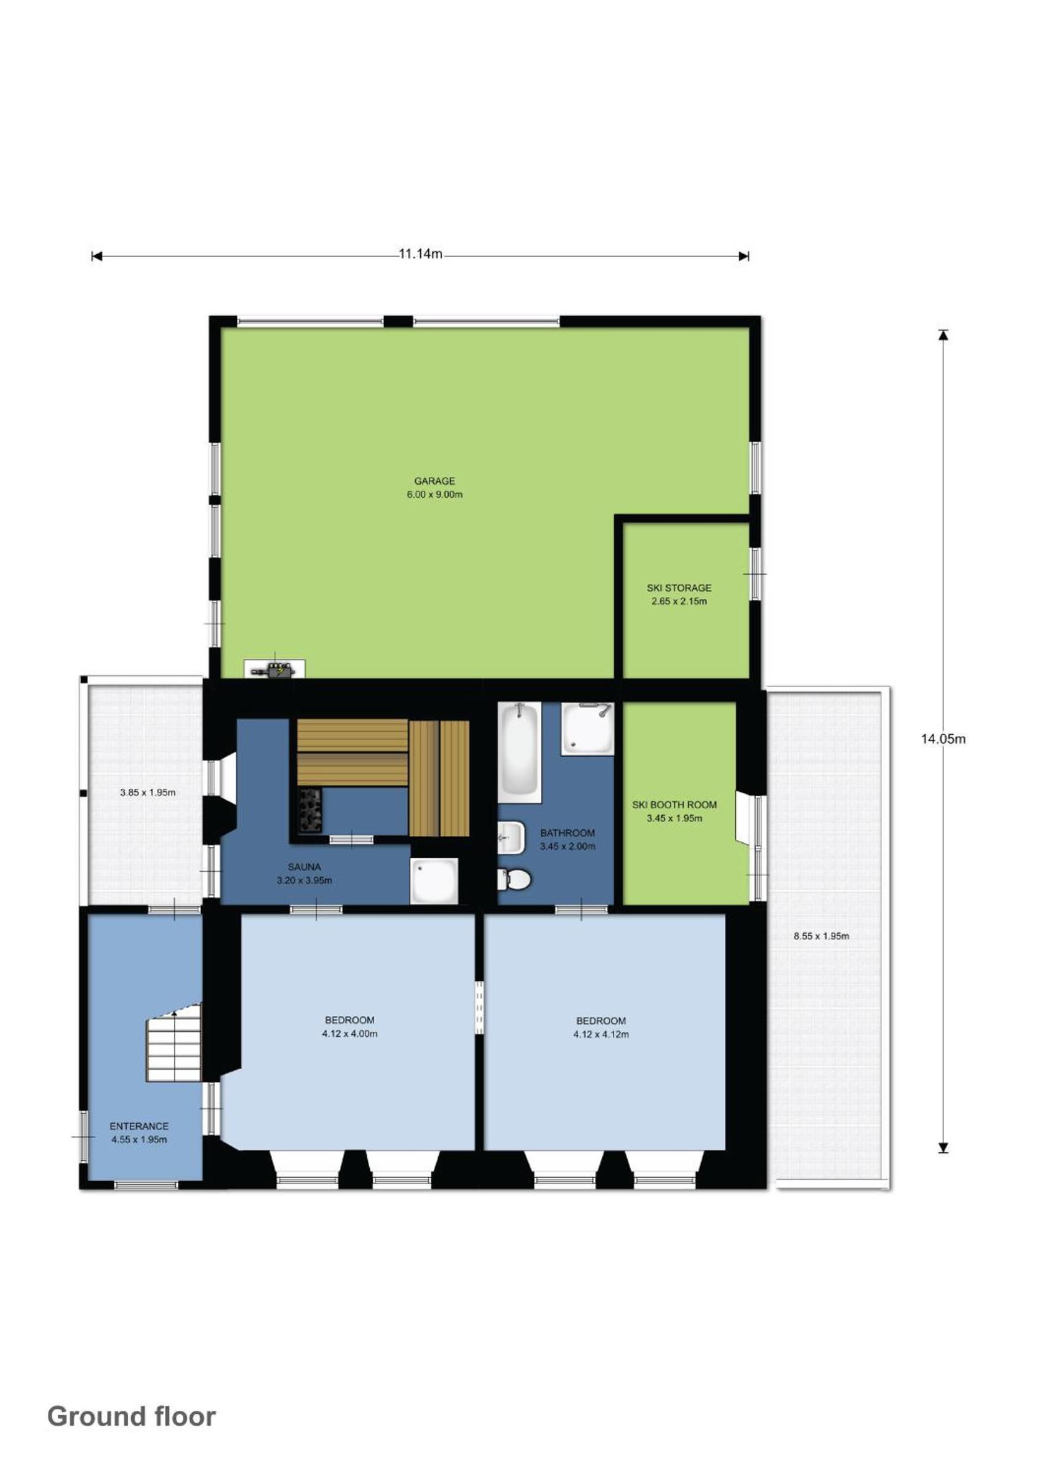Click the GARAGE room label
pyautogui.click(x=434, y=481)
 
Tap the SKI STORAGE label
pyautogui.click(x=679, y=588)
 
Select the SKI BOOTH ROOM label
pyautogui.click(x=674, y=805)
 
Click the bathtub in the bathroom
pyautogui.click(x=519, y=751)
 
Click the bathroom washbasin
pyautogui.click(x=510, y=837)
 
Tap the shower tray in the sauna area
pyautogui.click(x=435, y=880)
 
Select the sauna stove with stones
pyautogui.click(x=310, y=810)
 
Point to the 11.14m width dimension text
pyautogui.click(x=420, y=253)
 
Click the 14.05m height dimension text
pyautogui.click(x=943, y=740)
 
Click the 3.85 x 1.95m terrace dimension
pyautogui.click(x=148, y=792)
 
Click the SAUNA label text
pyautogui.click(x=304, y=868)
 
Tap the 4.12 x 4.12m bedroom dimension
pyautogui.click(x=601, y=1035)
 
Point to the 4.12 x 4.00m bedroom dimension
pyautogui.click(x=349, y=1034)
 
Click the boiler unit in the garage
pyautogui.click(x=275, y=668)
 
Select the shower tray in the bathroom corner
pyautogui.click(x=588, y=728)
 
